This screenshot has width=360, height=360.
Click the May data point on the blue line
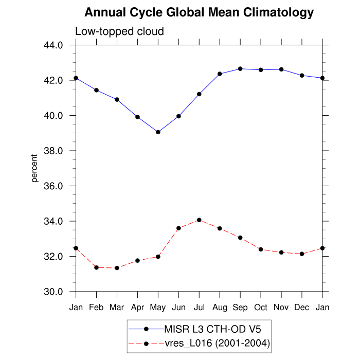coord(158,132)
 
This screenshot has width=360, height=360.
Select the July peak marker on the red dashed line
coord(199,220)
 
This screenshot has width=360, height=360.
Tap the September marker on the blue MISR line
coord(240,68)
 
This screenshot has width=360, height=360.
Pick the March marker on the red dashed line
coord(117,268)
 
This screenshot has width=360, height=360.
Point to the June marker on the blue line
coord(178,116)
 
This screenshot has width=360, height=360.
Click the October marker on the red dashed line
coord(261,249)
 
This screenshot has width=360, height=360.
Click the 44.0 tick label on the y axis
coord(53,45)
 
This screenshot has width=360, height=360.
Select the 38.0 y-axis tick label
coord(53,151)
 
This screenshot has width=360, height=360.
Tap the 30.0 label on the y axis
coord(53,292)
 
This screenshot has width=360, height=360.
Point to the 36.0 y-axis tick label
coord(53,186)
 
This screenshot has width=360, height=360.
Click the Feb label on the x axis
coord(96,307)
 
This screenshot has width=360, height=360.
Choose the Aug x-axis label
coord(220,307)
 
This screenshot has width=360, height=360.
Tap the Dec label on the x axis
coord(302,307)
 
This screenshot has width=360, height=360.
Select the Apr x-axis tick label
coord(137,307)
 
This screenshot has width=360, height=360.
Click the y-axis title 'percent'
coord(35,168)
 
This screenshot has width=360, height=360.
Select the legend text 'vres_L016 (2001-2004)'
coord(217,343)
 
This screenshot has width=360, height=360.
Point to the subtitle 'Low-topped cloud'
coord(119,31)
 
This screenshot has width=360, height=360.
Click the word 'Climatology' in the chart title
coord(272,12)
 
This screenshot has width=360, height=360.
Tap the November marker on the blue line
coord(281,69)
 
